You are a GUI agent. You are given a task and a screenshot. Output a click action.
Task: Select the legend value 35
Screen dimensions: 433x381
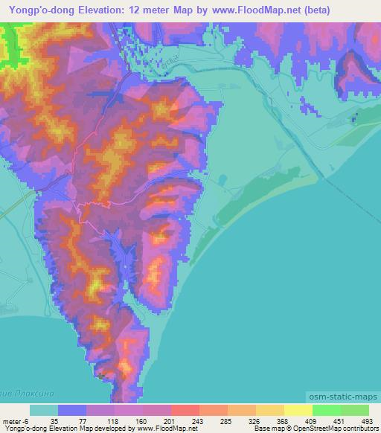point(55,420)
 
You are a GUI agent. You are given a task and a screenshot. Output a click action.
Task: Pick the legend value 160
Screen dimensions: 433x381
point(141,420)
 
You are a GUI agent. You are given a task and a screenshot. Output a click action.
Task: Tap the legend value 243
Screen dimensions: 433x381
point(198,420)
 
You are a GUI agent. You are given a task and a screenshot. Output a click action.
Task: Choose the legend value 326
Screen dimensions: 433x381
point(254,420)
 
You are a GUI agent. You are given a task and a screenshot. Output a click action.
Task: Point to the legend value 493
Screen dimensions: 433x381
point(367,420)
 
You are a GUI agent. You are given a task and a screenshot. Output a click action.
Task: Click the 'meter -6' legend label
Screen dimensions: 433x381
point(15,420)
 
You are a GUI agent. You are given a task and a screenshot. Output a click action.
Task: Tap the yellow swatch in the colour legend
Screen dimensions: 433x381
point(298,411)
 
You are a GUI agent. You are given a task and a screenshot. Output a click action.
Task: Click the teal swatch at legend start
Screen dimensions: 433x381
point(44,411)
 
